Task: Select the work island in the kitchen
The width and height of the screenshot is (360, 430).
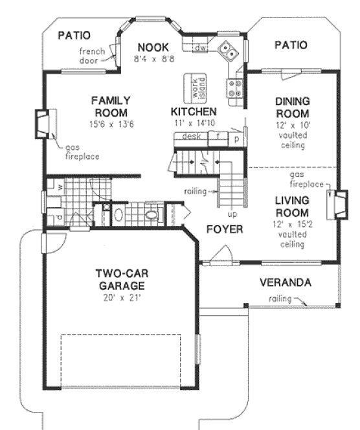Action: click(193, 87)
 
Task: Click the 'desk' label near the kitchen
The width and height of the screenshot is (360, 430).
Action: click(190, 137)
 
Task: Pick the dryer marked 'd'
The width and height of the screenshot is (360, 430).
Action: click(59, 216)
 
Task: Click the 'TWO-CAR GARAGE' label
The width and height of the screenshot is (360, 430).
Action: click(120, 279)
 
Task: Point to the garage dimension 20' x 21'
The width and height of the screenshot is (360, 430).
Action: click(120, 298)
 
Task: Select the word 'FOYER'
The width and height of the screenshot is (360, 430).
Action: click(224, 230)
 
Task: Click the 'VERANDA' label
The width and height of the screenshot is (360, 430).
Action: click(285, 283)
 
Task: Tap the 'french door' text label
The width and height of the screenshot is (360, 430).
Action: click(93, 56)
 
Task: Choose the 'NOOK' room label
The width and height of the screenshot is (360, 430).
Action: click(153, 47)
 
